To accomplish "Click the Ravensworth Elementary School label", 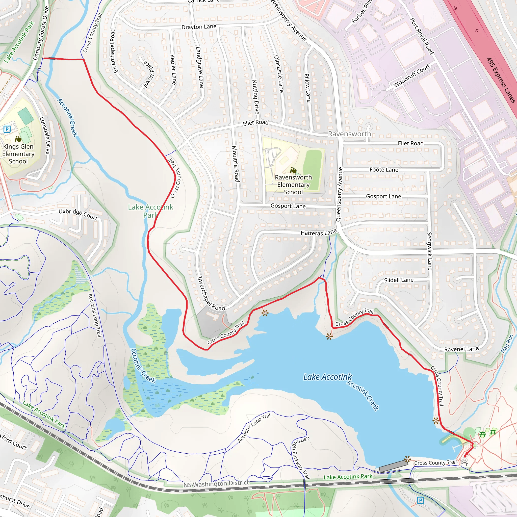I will (293, 185).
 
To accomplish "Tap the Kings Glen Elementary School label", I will (18, 154).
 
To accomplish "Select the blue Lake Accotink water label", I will (327, 377).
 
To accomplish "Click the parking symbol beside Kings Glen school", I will (7, 130).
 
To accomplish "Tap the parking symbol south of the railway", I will (420, 500).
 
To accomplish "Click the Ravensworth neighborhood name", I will (349, 134).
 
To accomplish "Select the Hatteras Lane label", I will (318, 232).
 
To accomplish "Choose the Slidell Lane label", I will (399, 280).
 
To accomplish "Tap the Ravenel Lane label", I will (461, 349).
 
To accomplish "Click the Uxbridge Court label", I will (78, 214).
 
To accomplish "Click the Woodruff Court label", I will (411, 75).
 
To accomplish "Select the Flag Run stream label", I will (507, 344).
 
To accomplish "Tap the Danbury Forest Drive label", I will (41, 33).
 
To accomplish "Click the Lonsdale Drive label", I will (45, 135).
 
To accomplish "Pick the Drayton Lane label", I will (199, 27).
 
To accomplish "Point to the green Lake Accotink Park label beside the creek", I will (150, 211).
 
